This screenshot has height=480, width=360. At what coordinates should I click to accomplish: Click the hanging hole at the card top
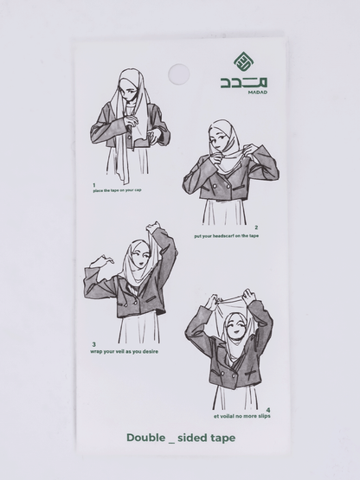(177, 74)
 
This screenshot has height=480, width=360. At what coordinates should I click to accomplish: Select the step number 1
(93, 185)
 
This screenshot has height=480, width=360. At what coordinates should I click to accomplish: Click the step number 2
(256, 227)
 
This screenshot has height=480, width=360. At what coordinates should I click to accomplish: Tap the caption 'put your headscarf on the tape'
(226, 235)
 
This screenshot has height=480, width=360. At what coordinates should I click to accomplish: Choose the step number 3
(93, 344)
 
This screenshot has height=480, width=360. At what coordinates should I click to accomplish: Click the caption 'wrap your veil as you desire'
(125, 351)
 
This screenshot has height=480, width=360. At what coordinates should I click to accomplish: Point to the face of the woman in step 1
(130, 91)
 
